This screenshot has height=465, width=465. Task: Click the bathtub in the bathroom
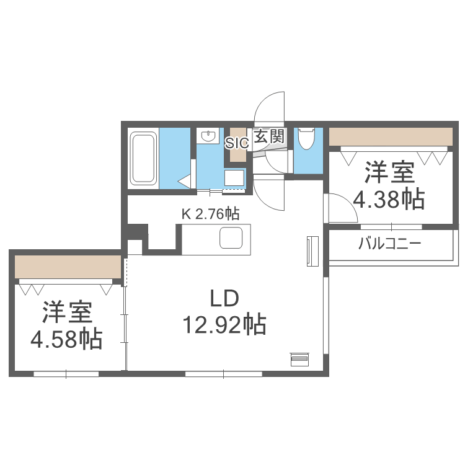pyautogui.click(x=144, y=159)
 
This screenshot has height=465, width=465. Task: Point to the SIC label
pyautogui.click(x=236, y=142)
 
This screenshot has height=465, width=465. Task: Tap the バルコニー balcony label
pyautogui.click(x=389, y=243)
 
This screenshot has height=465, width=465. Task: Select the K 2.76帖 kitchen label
pyautogui.click(x=210, y=214)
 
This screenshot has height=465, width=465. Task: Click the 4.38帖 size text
pyautogui.click(x=389, y=198)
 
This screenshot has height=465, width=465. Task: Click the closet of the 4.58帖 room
pyautogui.click(x=67, y=267)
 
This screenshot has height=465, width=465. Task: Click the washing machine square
pyautogui.click(x=234, y=177)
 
